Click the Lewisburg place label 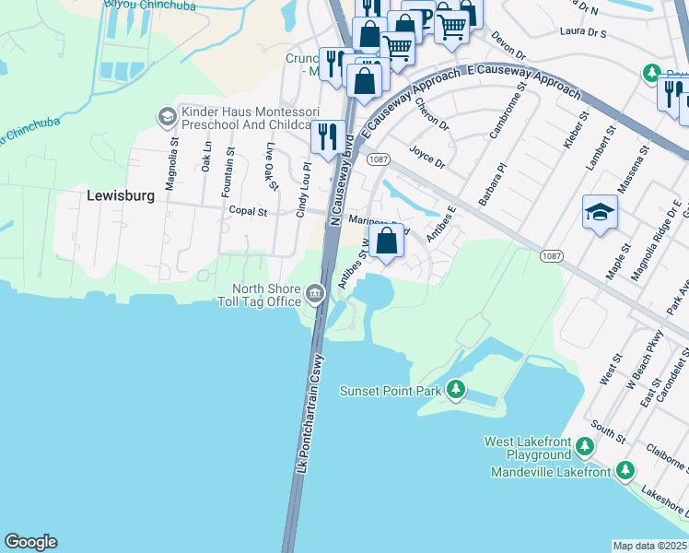coord(117,195)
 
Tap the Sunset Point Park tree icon coord(455,391)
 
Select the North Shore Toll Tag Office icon coord(315,294)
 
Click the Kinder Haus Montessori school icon coord(167,117)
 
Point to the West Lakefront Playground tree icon coord(584,448)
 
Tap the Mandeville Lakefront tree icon coord(625,472)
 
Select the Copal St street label coord(248,211)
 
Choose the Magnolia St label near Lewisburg coord(171,161)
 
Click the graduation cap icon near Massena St coord(600,213)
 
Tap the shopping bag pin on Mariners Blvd coord(390,241)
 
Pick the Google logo coord(30,542)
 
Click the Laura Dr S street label coord(582,31)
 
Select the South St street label coord(609,429)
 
